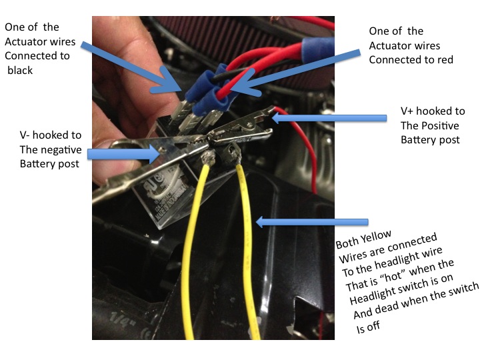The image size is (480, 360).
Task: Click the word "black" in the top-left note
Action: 20,71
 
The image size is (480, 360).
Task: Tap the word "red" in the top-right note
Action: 445,60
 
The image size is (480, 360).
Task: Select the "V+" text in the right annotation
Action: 407,111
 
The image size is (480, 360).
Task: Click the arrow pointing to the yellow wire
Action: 311,221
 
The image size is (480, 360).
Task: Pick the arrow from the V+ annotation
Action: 329,118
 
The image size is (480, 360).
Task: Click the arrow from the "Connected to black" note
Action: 131,69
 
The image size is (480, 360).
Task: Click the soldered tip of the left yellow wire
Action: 208,157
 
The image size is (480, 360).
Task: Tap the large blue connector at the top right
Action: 318,49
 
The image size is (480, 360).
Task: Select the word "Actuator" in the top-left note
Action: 40,41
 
